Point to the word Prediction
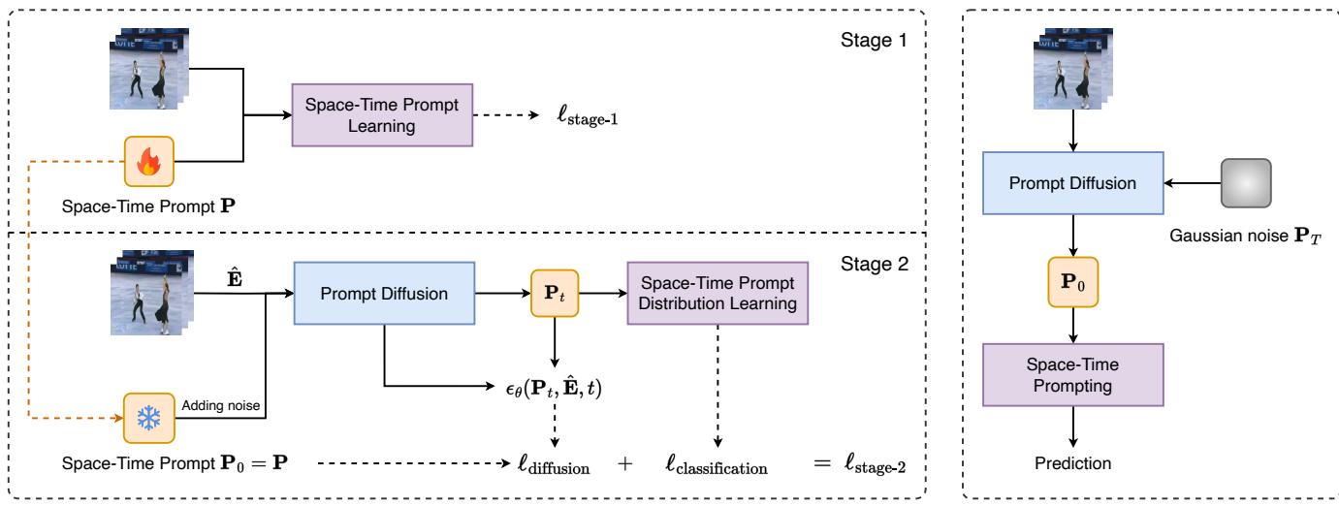[1072, 462]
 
